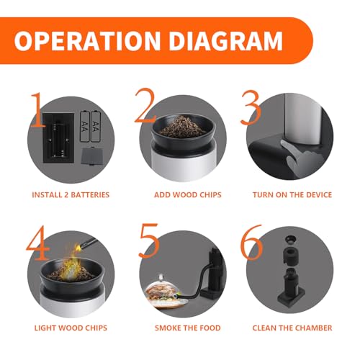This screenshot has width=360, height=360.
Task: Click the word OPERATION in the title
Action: (x=87, y=40)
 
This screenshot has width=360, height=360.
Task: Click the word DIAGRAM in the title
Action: (x=226, y=40)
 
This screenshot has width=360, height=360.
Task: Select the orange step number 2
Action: (x=146, y=106)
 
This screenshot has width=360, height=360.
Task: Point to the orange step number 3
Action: (x=251, y=107)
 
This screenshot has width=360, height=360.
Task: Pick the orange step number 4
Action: (x=38, y=243)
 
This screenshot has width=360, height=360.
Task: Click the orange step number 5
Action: (x=149, y=241)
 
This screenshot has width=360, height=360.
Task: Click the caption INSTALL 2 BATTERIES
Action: (x=71, y=194)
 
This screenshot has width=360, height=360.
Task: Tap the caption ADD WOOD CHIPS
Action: (x=188, y=194)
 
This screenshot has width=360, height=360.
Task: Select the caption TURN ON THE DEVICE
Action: (x=292, y=194)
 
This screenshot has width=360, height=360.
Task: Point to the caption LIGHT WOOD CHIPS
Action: (x=71, y=328)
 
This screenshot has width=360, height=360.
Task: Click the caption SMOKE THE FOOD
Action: (x=188, y=328)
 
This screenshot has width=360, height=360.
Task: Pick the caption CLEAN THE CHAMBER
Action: (x=292, y=328)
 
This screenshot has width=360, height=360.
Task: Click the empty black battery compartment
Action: (x=58, y=138)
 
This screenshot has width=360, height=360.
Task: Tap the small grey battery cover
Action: (x=92, y=156)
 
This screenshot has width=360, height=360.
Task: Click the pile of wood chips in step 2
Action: (x=183, y=127)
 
